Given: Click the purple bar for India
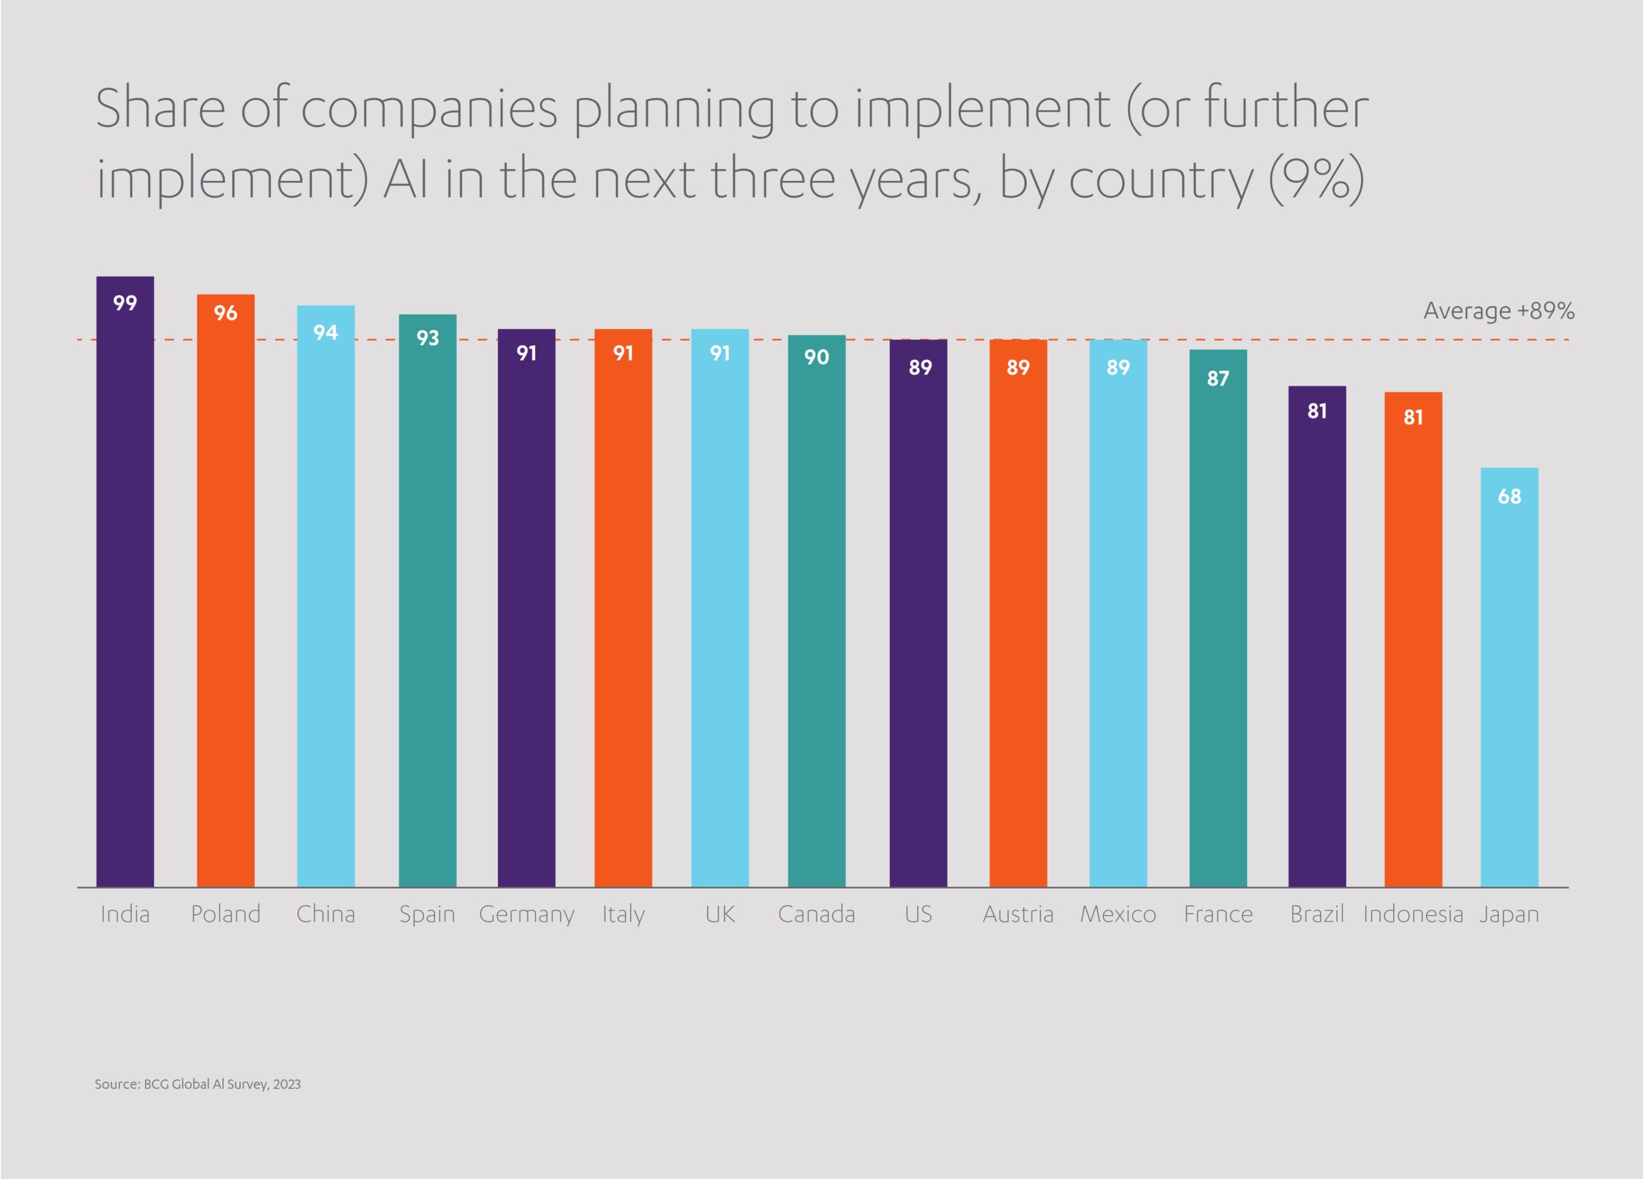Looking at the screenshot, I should [125, 579].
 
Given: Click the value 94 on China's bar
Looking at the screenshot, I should [325, 332].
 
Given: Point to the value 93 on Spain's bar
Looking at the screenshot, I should [427, 337].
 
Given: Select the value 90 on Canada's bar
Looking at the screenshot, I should [816, 357].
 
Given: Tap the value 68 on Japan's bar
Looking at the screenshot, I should [1509, 496].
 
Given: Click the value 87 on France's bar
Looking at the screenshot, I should [1217, 378].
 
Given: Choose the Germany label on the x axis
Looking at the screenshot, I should [527, 914].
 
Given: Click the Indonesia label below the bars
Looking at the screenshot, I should [1413, 914].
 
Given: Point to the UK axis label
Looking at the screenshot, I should [720, 914].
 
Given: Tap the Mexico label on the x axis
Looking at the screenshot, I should [1118, 914].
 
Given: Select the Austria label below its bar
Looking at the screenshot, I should [1018, 914].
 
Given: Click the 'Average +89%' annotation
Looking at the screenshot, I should [1498, 310].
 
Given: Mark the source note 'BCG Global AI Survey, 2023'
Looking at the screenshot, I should [197, 1084].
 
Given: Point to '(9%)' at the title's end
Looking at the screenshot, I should [1316, 178].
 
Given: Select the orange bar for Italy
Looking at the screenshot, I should [623, 608].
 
